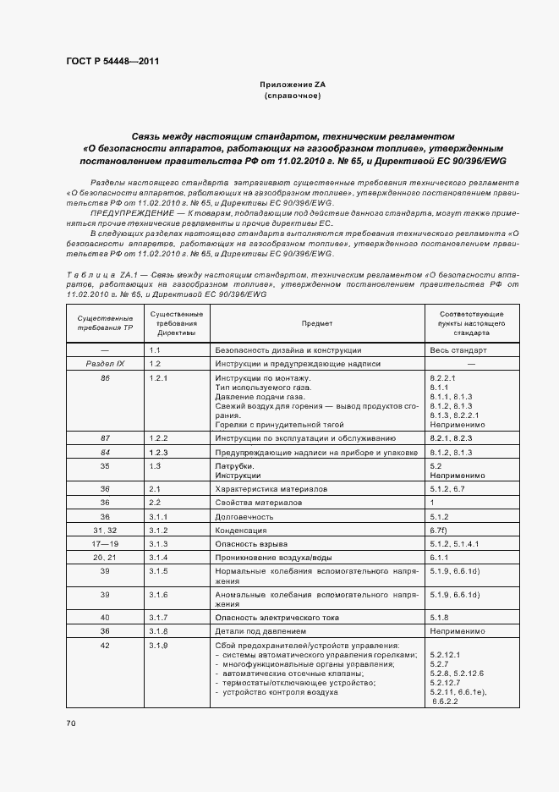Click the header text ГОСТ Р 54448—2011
point(112,61)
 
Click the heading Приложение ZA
point(292,85)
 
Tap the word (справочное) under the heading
point(292,96)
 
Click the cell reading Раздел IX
point(106,363)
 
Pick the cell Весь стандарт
point(458,349)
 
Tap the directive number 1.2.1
point(159,377)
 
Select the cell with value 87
point(106,438)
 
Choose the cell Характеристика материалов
point(271,489)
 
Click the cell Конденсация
point(244,530)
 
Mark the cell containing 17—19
point(106,543)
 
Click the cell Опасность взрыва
point(252,543)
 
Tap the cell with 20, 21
point(106,558)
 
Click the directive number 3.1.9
point(159,646)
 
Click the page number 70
point(71,723)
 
